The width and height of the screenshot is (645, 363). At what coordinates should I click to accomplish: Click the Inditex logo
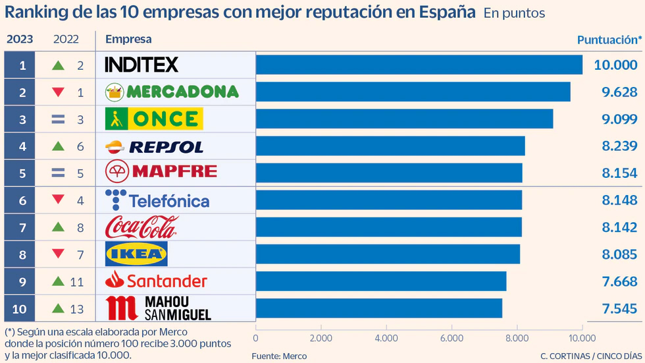142,65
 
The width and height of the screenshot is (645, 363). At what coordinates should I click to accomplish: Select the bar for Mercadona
413,92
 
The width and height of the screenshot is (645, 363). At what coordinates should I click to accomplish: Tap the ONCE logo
154,119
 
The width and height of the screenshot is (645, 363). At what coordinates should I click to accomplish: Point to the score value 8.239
619,146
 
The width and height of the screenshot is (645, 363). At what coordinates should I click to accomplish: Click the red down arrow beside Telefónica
58,200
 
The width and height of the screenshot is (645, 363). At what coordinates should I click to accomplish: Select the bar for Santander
381,281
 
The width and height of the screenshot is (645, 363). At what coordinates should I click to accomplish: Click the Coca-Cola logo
142,227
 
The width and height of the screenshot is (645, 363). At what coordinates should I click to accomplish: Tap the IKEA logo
136,254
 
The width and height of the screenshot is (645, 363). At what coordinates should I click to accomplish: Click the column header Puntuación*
609,40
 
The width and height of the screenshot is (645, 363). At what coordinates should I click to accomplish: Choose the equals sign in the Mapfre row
58,173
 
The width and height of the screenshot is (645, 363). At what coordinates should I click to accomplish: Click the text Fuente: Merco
279,356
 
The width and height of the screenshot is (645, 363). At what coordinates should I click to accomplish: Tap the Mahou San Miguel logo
158,308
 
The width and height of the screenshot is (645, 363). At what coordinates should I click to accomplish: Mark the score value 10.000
616,65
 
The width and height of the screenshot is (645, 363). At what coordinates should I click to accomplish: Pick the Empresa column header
128,39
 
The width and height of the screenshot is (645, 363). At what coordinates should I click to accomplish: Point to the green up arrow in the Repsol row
58,146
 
